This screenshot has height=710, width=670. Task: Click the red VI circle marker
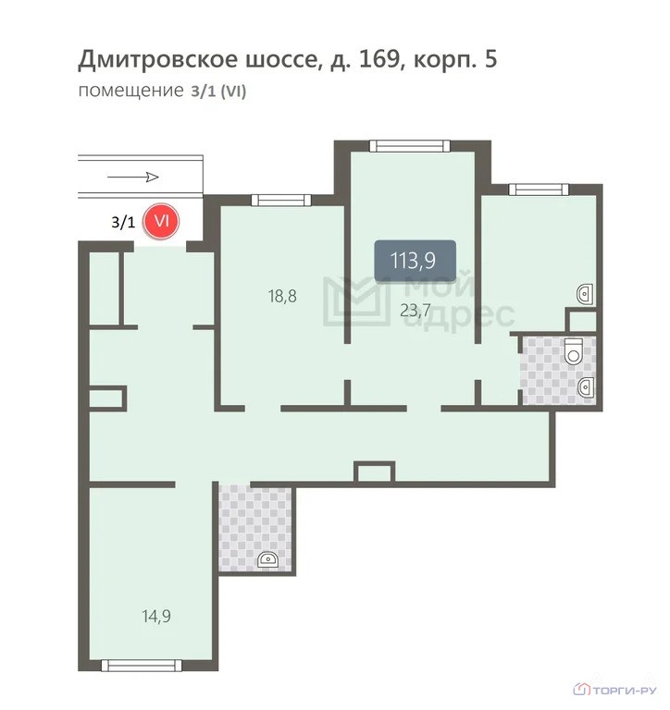161,222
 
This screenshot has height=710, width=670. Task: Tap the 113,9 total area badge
415,261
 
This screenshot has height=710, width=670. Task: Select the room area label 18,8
282,296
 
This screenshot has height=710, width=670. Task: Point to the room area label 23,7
416,311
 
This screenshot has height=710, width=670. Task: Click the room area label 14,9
156,616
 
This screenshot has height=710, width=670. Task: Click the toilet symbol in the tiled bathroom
574,351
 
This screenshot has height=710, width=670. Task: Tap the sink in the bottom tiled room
268,559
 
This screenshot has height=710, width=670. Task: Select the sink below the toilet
586,387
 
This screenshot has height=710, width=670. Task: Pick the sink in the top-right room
585,294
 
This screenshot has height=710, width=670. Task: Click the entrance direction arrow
133,177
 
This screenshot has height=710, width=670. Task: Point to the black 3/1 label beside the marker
123,222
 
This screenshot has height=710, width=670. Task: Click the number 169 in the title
378,59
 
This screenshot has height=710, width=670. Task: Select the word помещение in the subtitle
131,91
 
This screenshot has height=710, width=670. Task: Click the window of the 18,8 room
281,200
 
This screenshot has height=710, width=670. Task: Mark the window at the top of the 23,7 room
410,146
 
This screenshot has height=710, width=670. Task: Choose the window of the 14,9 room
142,666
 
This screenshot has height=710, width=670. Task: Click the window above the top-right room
539,190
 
